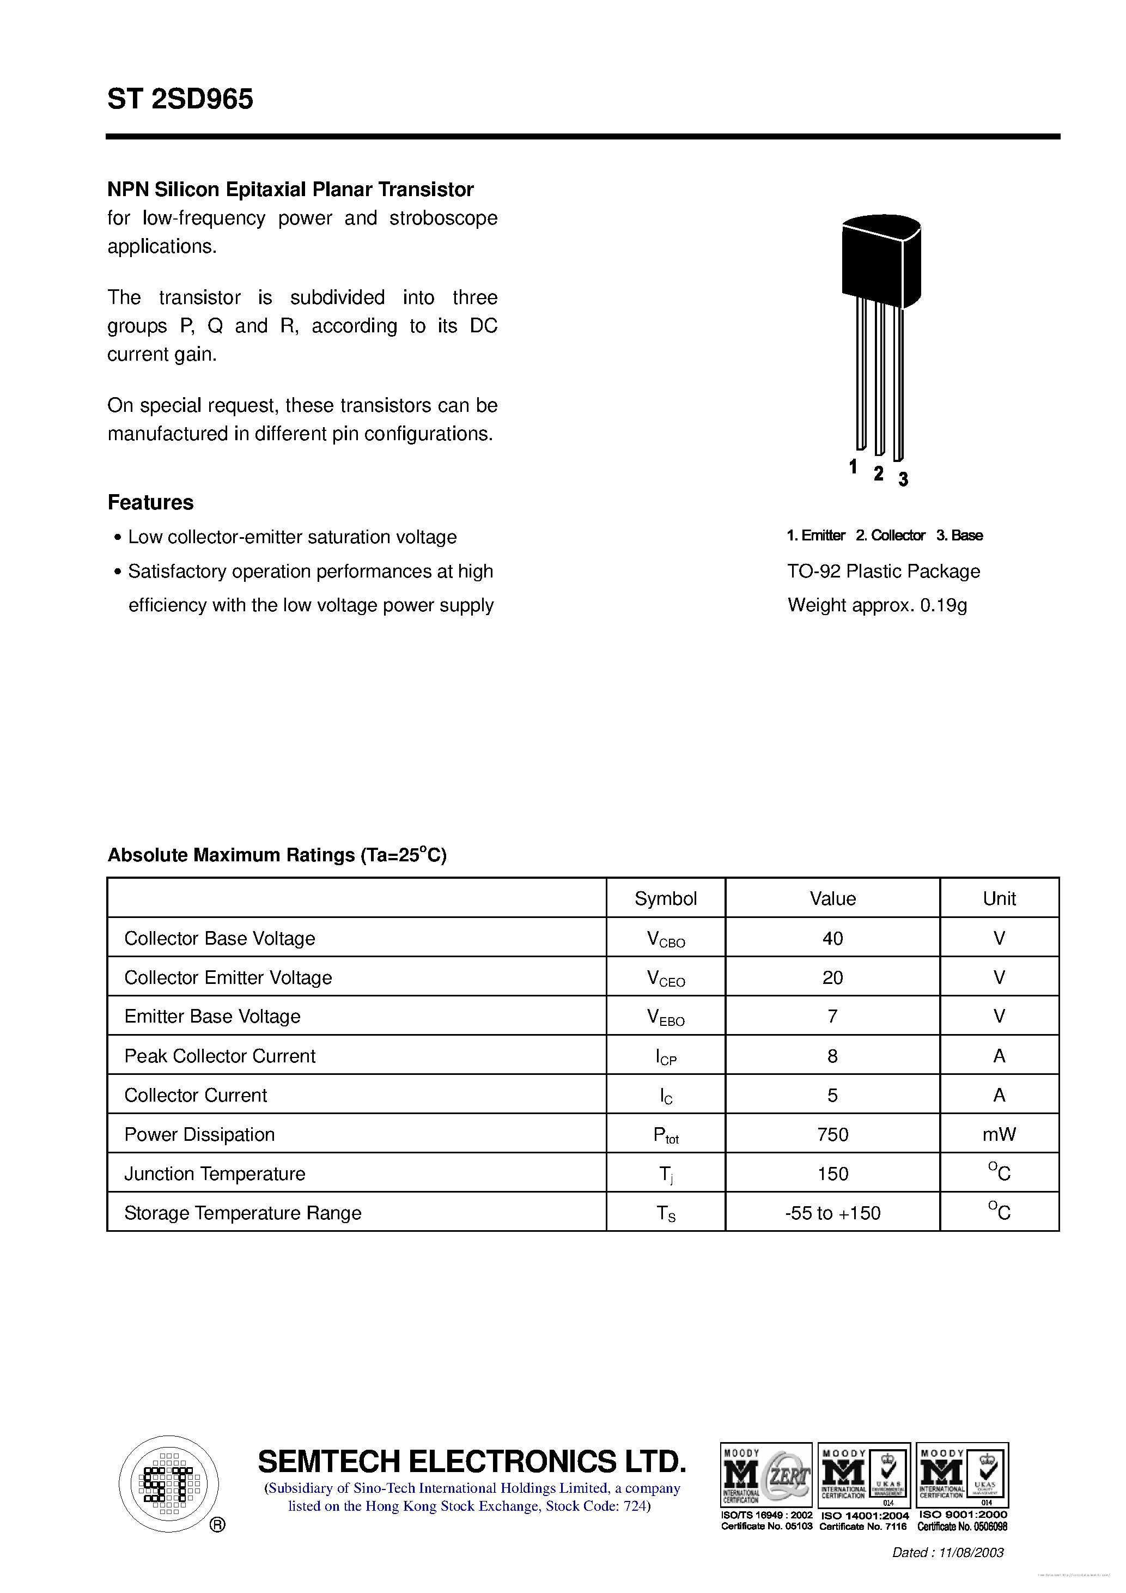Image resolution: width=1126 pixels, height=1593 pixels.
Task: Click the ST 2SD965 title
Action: coord(180,99)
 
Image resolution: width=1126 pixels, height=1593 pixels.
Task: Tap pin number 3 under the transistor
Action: coord(903,479)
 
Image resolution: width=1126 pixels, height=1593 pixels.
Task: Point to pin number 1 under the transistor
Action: coord(853,467)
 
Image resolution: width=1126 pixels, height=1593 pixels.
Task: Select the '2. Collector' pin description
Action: coord(890,535)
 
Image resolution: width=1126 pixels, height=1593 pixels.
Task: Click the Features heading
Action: coord(150,502)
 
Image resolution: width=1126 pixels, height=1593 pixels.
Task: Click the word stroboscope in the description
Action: coord(443,218)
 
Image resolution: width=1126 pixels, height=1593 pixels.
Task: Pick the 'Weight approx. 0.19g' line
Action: coord(877,605)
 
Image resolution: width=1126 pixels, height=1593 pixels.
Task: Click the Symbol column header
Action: coord(665,898)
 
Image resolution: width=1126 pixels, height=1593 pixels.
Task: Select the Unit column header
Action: coord(999,898)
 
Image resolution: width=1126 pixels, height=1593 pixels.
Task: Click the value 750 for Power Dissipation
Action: coord(832,1134)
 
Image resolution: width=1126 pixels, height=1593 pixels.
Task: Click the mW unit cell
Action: coord(999,1134)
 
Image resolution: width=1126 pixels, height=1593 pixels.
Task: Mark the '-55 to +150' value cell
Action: coord(832,1213)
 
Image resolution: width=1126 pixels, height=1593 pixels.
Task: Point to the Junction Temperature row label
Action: coord(215,1174)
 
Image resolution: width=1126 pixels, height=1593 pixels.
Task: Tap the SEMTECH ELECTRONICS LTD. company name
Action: coord(472,1462)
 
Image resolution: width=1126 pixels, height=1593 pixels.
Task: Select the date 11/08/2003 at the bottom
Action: coord(971,1553)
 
